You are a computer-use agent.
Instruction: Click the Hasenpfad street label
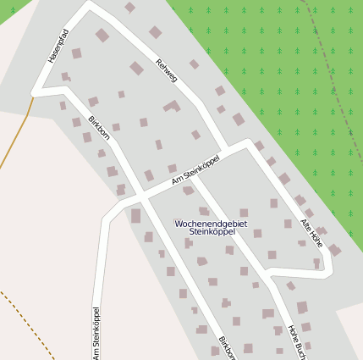58,47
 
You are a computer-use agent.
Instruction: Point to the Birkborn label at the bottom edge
227,347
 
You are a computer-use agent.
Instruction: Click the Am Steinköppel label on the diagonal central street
195,169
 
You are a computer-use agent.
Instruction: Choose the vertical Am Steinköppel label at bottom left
96,332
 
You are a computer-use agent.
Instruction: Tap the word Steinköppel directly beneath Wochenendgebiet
212,230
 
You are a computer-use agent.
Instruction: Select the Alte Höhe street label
312,233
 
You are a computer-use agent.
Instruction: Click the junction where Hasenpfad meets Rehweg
90,6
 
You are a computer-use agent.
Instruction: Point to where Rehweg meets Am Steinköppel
247,145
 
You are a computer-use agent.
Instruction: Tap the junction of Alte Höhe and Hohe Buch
269,273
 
